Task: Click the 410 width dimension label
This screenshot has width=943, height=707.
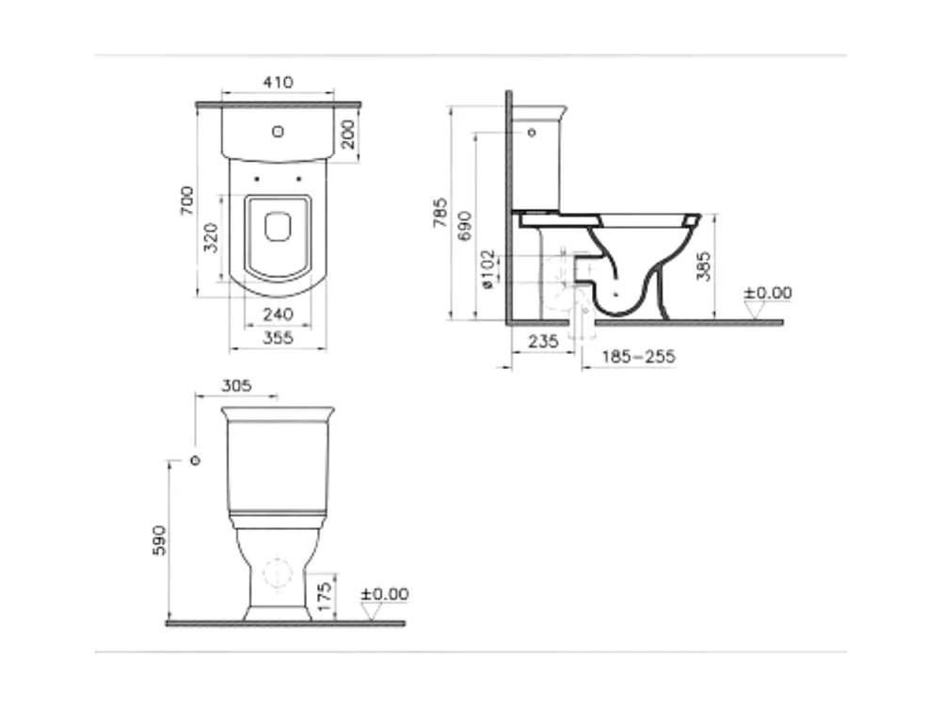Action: click(x=278, y=82)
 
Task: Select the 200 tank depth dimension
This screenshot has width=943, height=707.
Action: click(x=348, y=134)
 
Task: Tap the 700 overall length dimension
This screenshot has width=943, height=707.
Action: click(x=187, y=201)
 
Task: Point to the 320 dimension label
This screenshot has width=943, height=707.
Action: click(x=211, y=237)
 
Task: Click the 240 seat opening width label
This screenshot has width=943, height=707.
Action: click(x=278, y=314)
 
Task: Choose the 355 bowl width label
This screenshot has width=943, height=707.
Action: click(x=278, y=338)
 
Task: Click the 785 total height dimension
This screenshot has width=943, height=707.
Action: click(x=440, y=213)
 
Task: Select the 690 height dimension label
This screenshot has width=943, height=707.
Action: click(x=465, y=226)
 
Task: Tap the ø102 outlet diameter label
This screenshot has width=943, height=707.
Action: click(x=488, y=269)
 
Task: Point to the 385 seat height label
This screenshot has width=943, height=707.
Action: click(x=703, y=266)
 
